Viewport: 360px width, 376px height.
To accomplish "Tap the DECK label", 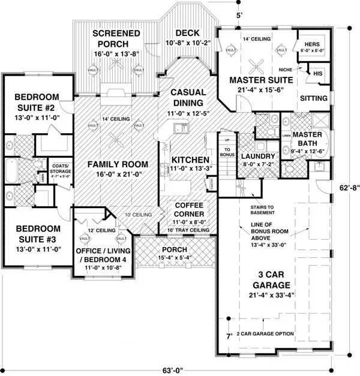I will pyautogui.click(x=187, y=33).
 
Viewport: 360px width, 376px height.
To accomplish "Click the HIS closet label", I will pyautogui.click(x=319, y=73).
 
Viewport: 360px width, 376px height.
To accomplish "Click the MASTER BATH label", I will pyautogui.click(x=308, y=139).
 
